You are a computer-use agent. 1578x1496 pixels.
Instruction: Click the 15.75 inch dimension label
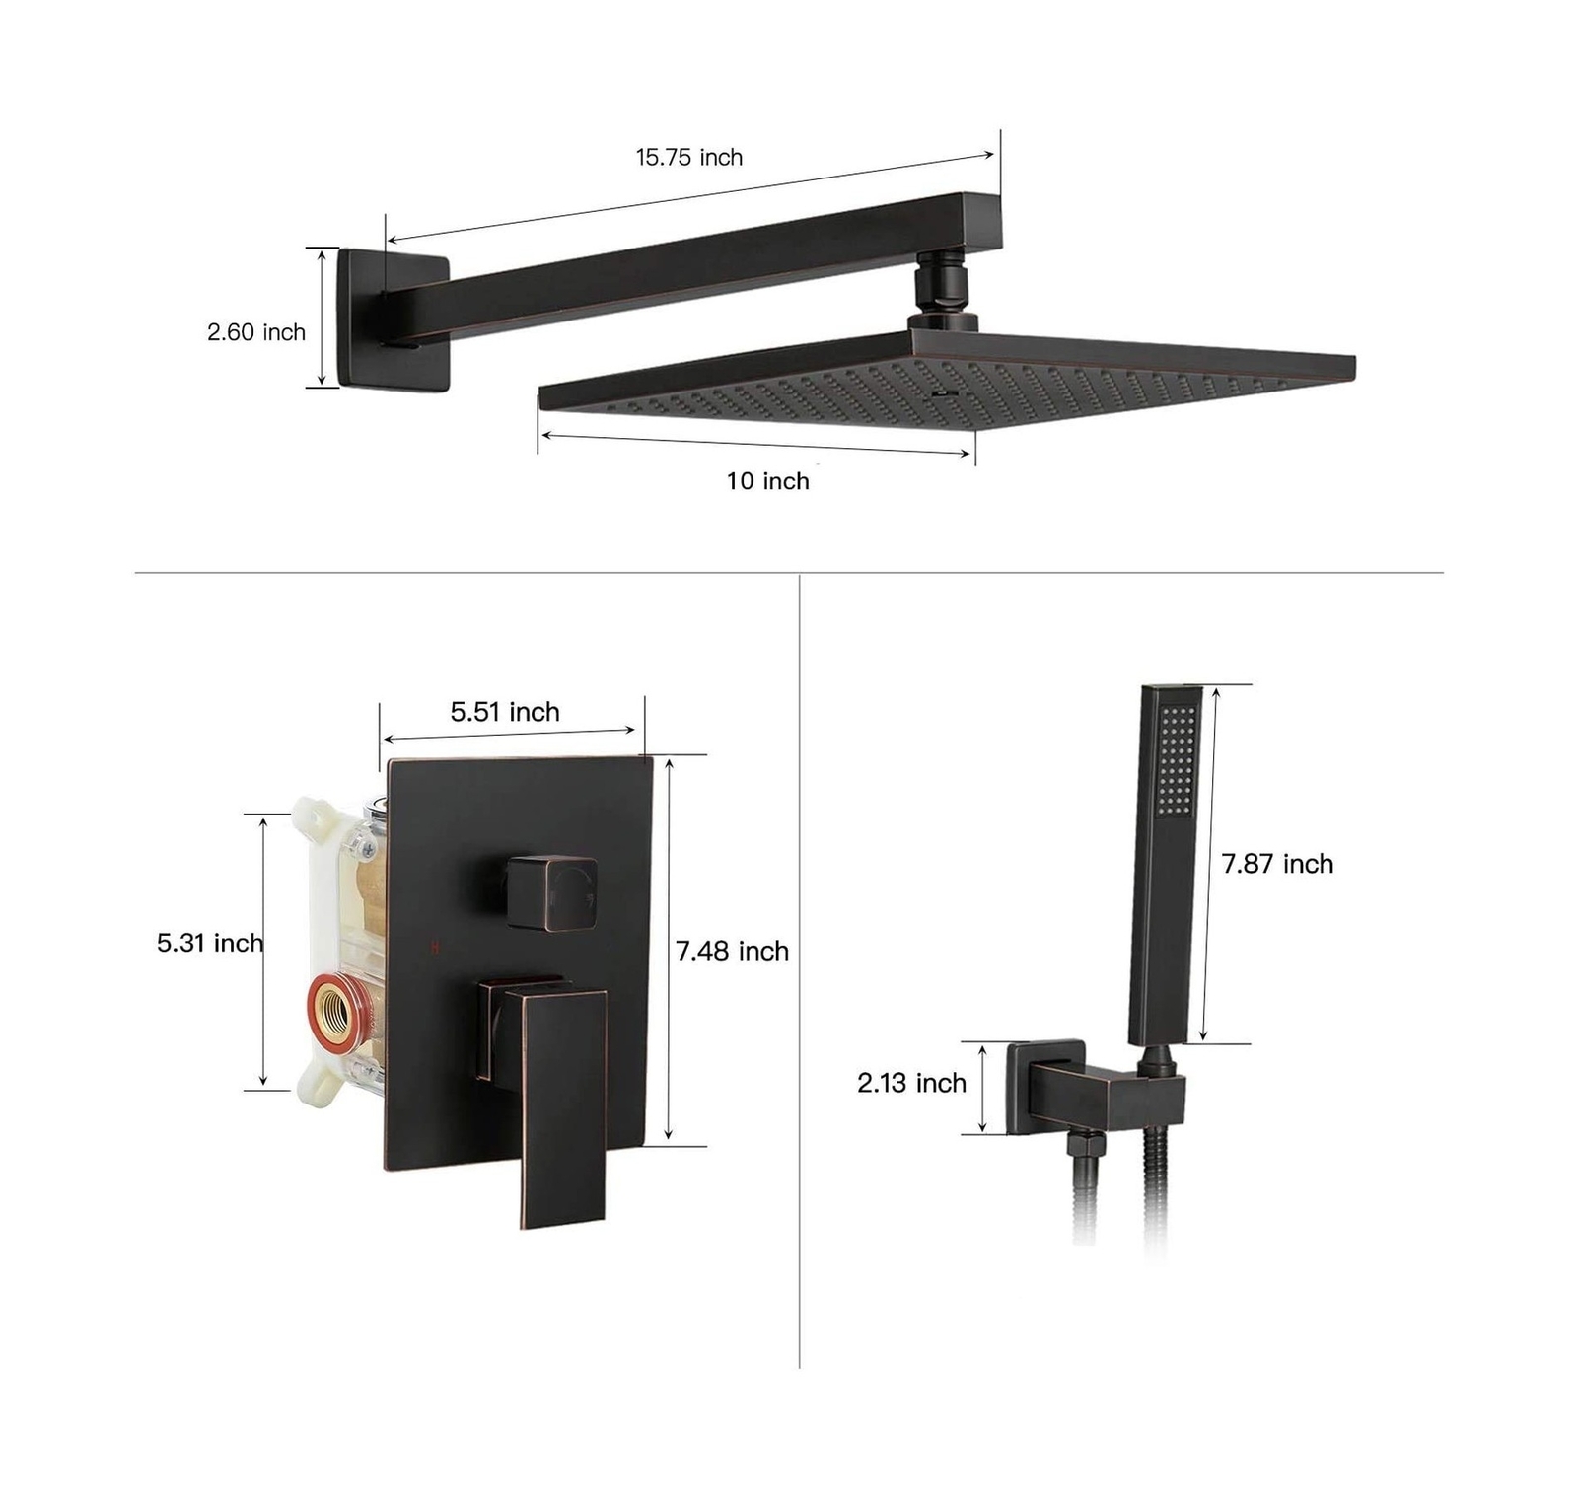(x=688, y=157)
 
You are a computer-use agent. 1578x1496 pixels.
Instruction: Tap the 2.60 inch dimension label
(x=256, y=332)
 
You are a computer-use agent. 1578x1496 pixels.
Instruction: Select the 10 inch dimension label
(x=767, y=481)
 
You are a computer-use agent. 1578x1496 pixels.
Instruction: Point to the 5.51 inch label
(x=505, y=712)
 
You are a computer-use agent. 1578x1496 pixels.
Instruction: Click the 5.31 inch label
(x=210, y=943)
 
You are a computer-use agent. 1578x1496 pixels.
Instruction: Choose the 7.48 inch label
(x=732, y=951)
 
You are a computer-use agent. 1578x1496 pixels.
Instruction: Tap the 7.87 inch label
(x=1277, y=864)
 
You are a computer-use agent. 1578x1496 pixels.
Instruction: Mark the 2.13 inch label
(x=911, y=1083)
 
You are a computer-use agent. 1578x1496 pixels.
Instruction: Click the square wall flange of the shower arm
(x=393, y=319)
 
